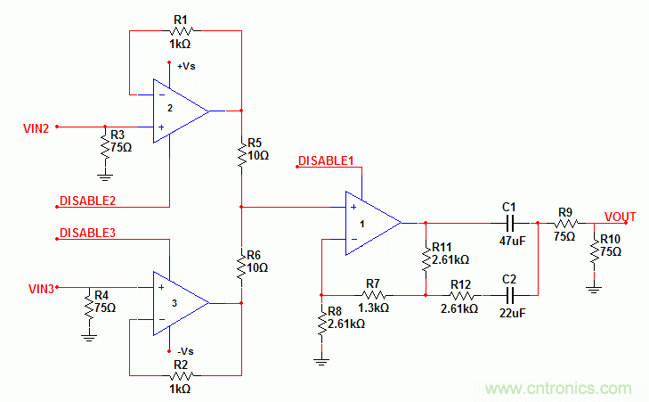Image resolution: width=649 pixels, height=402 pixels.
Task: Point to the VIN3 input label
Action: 41,288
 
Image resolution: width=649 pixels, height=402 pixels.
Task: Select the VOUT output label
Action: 621,217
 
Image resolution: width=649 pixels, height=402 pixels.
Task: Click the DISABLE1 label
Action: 326,160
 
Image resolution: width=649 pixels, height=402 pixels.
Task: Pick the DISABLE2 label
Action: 87,200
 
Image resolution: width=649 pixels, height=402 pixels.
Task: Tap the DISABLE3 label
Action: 87,233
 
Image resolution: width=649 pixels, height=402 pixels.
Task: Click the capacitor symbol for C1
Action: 510,222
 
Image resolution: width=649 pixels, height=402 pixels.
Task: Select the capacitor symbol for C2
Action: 510,293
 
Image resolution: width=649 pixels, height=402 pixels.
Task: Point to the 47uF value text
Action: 510,241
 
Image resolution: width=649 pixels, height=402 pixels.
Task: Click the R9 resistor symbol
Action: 565,223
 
